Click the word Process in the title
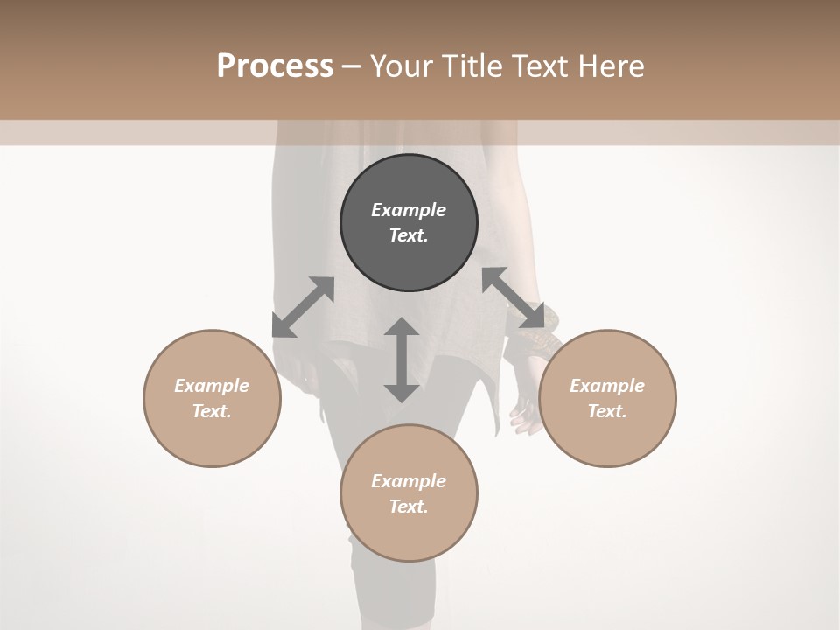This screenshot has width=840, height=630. click(x=275, y=66)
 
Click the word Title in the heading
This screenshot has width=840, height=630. click(x=474, y=66)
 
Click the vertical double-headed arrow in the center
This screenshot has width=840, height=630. click(x=402, y=360)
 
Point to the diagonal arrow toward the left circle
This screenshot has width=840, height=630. click(x=303, y=307)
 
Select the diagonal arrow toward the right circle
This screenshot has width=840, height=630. click(x=513, y=297)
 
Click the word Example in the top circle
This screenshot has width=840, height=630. click(x=409, y=210)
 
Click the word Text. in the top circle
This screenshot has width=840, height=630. click(x=409, y=235)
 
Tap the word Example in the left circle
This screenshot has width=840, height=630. click(x=212, y=386)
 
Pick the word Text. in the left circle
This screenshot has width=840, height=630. click(x=212, y=411)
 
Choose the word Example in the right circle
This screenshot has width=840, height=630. click(x=607, y=386)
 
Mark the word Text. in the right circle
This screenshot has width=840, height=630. click(x=607, y=411)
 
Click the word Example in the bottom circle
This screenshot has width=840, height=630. click(x=409, y=481)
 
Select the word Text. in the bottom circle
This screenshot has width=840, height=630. click(x=409, y=507)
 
